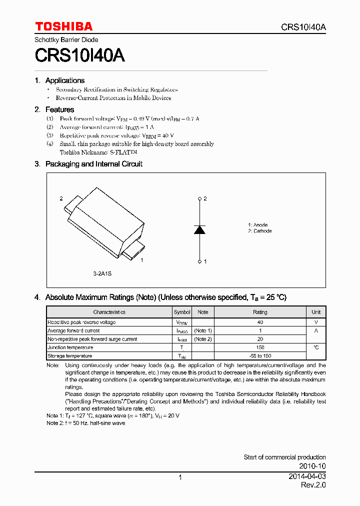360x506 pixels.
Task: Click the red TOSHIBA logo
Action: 63,26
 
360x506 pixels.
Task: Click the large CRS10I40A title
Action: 79,55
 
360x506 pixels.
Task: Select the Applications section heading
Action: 64,80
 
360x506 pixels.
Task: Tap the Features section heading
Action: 59,109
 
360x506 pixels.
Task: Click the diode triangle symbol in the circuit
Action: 199,229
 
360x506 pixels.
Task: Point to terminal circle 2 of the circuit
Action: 199,199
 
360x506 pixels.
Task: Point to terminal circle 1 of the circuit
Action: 199,261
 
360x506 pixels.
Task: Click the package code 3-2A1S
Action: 102,274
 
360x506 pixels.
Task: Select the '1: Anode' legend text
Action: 257,225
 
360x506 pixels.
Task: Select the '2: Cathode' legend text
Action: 259,231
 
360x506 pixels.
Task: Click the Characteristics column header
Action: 109,312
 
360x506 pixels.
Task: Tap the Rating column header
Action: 260,312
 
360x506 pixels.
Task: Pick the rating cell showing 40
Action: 260,322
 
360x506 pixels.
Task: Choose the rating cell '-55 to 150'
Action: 260,356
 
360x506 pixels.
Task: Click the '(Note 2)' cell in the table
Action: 202,339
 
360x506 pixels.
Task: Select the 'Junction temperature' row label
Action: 70,347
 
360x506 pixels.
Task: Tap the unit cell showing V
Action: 316,322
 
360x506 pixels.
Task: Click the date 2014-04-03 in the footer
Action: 307,476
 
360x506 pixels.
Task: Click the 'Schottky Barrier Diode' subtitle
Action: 66,39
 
